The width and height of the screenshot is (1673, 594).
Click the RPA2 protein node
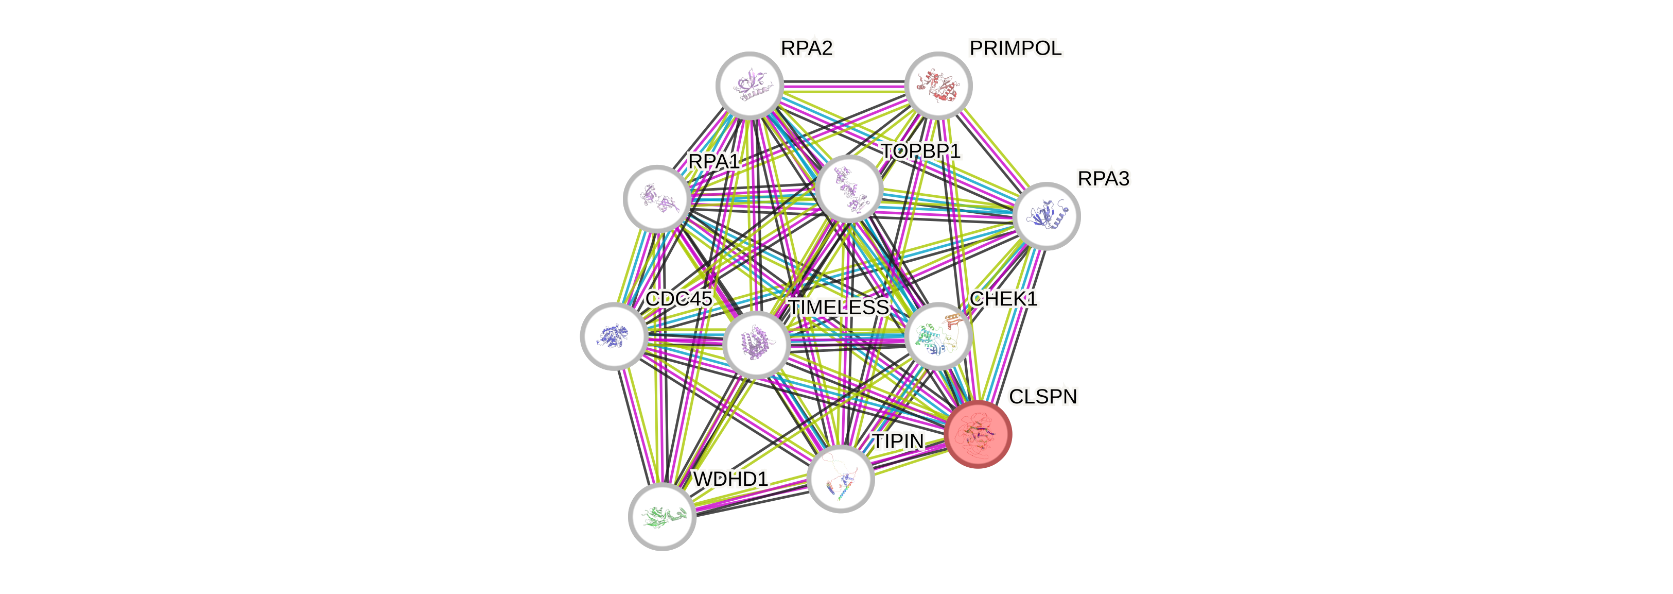(x=750, y=85)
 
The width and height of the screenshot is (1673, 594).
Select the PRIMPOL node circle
(x=938, y=85)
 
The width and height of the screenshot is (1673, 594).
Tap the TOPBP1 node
(x=848, y=189)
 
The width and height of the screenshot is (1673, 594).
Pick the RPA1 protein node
(x=657, y=198)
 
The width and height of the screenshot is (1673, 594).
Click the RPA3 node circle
(x=1045, y=216)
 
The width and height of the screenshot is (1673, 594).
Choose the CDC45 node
(x=613, y=335)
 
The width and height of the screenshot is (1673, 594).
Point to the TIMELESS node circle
(x=756, y=345)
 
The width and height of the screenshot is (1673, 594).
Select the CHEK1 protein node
(x=938, y=336)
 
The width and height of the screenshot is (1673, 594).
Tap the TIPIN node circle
(x=841, y=479)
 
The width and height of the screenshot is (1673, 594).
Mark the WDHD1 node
(x=662, y=517)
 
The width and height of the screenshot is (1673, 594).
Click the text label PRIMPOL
(x=1015, y=48)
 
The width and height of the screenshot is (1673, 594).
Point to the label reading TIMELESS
(x=838, y=307)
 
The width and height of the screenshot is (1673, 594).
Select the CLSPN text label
(x=1043, y=397)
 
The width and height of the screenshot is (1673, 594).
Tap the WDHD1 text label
(x=730, y=480)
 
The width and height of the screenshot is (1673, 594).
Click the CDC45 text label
(x=678, y=299)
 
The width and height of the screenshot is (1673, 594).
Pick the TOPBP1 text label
(x=920, y=151)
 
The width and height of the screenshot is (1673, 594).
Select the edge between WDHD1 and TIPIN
(x=752, y=498)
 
